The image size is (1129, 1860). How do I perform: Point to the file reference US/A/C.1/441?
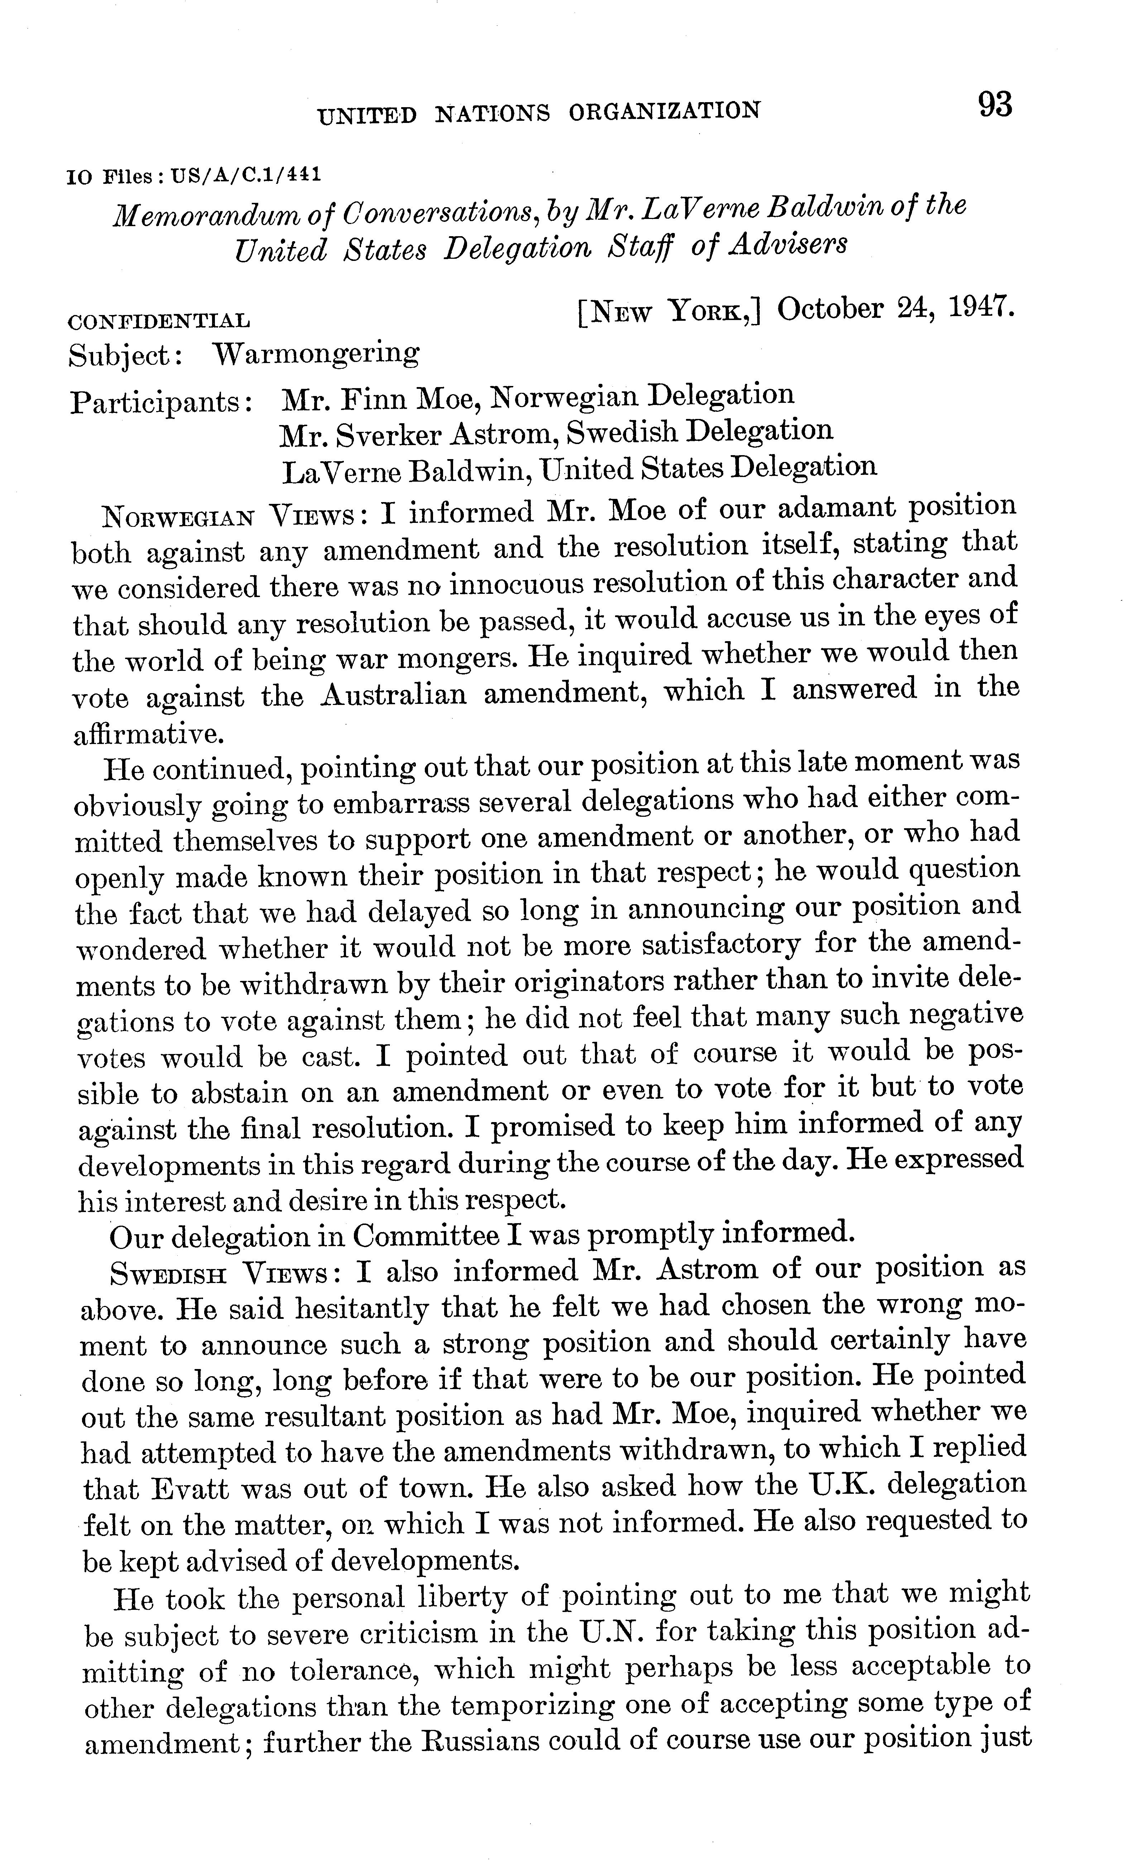coord(246,175)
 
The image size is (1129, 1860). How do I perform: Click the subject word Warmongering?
coord(316,353)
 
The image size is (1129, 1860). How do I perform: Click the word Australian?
coord(394,693)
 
